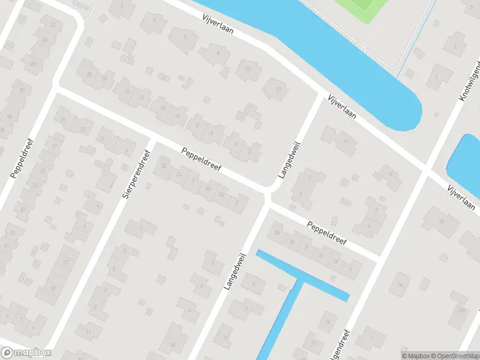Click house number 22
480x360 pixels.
[53, 25]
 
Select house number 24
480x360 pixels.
[45, 39]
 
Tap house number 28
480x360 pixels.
[32, 64]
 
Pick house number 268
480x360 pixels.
[461, 310]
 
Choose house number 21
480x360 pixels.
[43, 170]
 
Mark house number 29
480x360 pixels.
[12, 232]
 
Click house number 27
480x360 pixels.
[22, 210]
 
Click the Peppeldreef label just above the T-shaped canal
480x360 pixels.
[327, 234]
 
